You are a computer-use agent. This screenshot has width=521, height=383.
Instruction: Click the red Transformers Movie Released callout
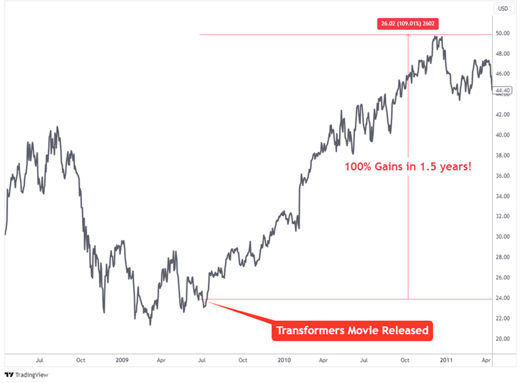(352, 330)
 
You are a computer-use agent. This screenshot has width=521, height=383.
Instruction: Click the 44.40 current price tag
(501, 90)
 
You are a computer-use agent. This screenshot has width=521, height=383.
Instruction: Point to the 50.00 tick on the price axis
(502, 34)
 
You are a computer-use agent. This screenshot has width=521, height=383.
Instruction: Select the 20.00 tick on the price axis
(502, 339)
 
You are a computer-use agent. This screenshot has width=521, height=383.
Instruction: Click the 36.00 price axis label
(502, 176)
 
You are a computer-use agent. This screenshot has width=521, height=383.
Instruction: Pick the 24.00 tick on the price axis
(502, 298)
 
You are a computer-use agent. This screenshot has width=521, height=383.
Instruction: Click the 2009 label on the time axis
(122, 361)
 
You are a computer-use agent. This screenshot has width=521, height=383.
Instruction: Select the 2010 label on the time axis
(284, 361)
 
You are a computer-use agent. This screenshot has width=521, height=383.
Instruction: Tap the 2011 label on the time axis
(446, 361)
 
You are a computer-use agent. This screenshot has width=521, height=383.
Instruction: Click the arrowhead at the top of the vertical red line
(408, 35)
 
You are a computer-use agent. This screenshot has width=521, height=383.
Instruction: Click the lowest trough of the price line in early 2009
(150, 324)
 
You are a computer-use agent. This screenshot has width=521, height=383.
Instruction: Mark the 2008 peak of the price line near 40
(57, 127)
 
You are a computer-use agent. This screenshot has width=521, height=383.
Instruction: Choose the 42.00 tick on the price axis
(502, 115)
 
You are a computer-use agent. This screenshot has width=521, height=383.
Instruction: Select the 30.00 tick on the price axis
(502, 237)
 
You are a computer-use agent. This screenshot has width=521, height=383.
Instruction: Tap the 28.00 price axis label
(502, 257)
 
